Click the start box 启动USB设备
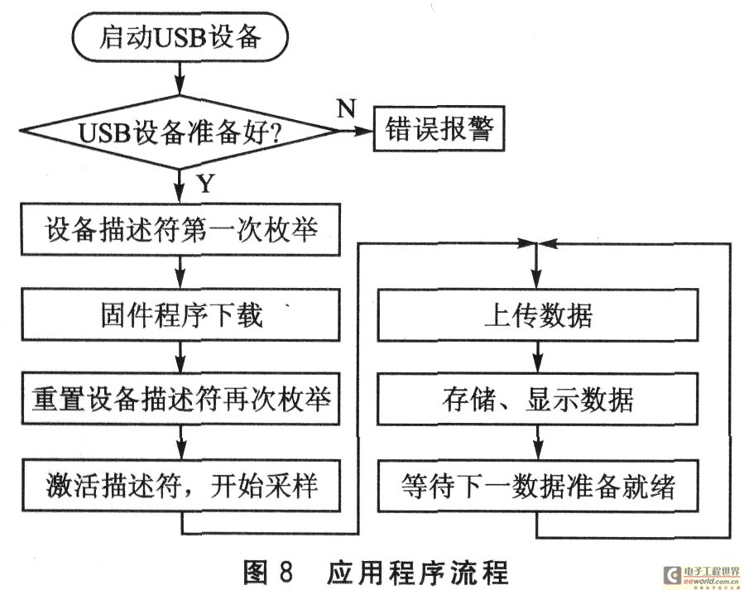(181, 36)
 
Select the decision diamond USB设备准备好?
(180, 131)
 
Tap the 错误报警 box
(438, 130)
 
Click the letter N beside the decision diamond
(346, 106)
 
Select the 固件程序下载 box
(180, 315)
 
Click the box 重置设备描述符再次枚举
(180, 401)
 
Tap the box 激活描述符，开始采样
(180, 486)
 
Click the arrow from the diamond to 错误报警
(356, 131)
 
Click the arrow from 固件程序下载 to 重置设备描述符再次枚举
(180, 357)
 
